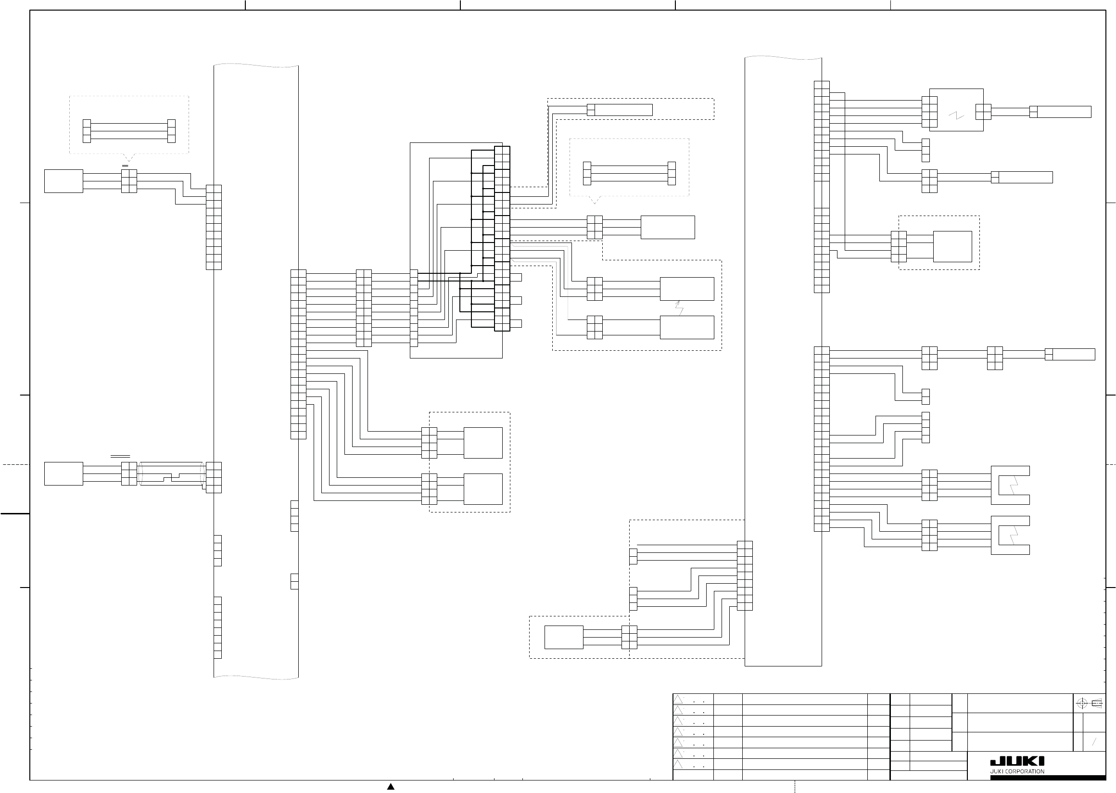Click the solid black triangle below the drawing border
[391, 787]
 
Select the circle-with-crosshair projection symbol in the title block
[1081, 703]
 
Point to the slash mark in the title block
[1094, 742]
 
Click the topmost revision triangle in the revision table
[678, 699]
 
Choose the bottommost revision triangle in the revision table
[678, 765]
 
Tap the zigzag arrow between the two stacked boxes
[679, 308]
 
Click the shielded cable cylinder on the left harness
[171, 473]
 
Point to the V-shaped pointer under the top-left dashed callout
[128, 157]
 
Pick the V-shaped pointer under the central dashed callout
[594, 200]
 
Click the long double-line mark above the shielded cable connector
[120, 456]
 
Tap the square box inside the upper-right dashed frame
[952, 246]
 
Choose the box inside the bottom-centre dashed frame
[563, 637]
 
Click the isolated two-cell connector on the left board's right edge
[294, 581]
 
